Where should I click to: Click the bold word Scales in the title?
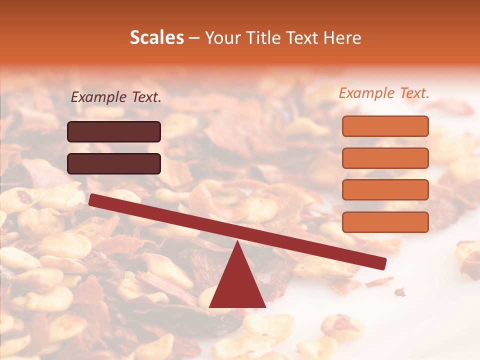pos(156,38)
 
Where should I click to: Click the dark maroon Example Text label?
pos(116,97)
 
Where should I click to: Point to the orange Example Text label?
pos(384,93)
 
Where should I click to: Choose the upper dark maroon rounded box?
pos(114,131)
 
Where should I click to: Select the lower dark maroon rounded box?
pos(114,163)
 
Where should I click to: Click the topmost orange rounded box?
pos(385,126)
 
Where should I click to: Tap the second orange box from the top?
pos(385,158)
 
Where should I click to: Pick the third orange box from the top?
pos(385,190)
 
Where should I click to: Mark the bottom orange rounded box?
pos(385,222)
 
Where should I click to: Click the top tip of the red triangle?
pos(237,243)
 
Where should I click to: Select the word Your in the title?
pos(222,38)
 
